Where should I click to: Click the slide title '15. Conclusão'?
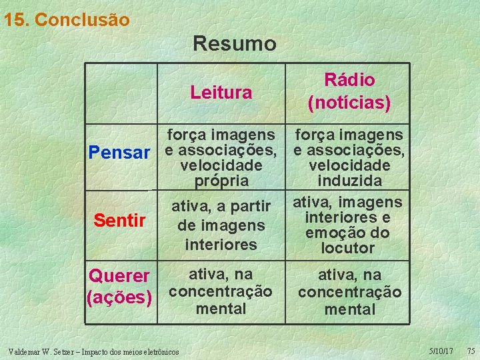(66, 20)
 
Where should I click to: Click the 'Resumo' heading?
(234, 44)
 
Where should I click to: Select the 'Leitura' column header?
(221, 93)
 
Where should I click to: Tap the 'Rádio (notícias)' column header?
(349, 91)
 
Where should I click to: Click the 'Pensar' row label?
(120, 153)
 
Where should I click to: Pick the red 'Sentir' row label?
(120, 219)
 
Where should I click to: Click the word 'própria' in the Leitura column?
(221, 181)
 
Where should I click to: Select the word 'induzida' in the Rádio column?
(349, 181)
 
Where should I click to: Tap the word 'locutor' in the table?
(348, 248)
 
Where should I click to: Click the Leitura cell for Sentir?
(221, 225)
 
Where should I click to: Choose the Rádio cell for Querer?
(349, 291)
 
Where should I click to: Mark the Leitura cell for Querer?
(221, 291)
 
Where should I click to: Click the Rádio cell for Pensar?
(349, 157)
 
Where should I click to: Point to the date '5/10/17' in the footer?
(441, 351)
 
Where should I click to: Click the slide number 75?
(470, 351)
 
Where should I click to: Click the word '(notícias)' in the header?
(349, 103)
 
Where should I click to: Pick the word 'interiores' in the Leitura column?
(221, 244)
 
